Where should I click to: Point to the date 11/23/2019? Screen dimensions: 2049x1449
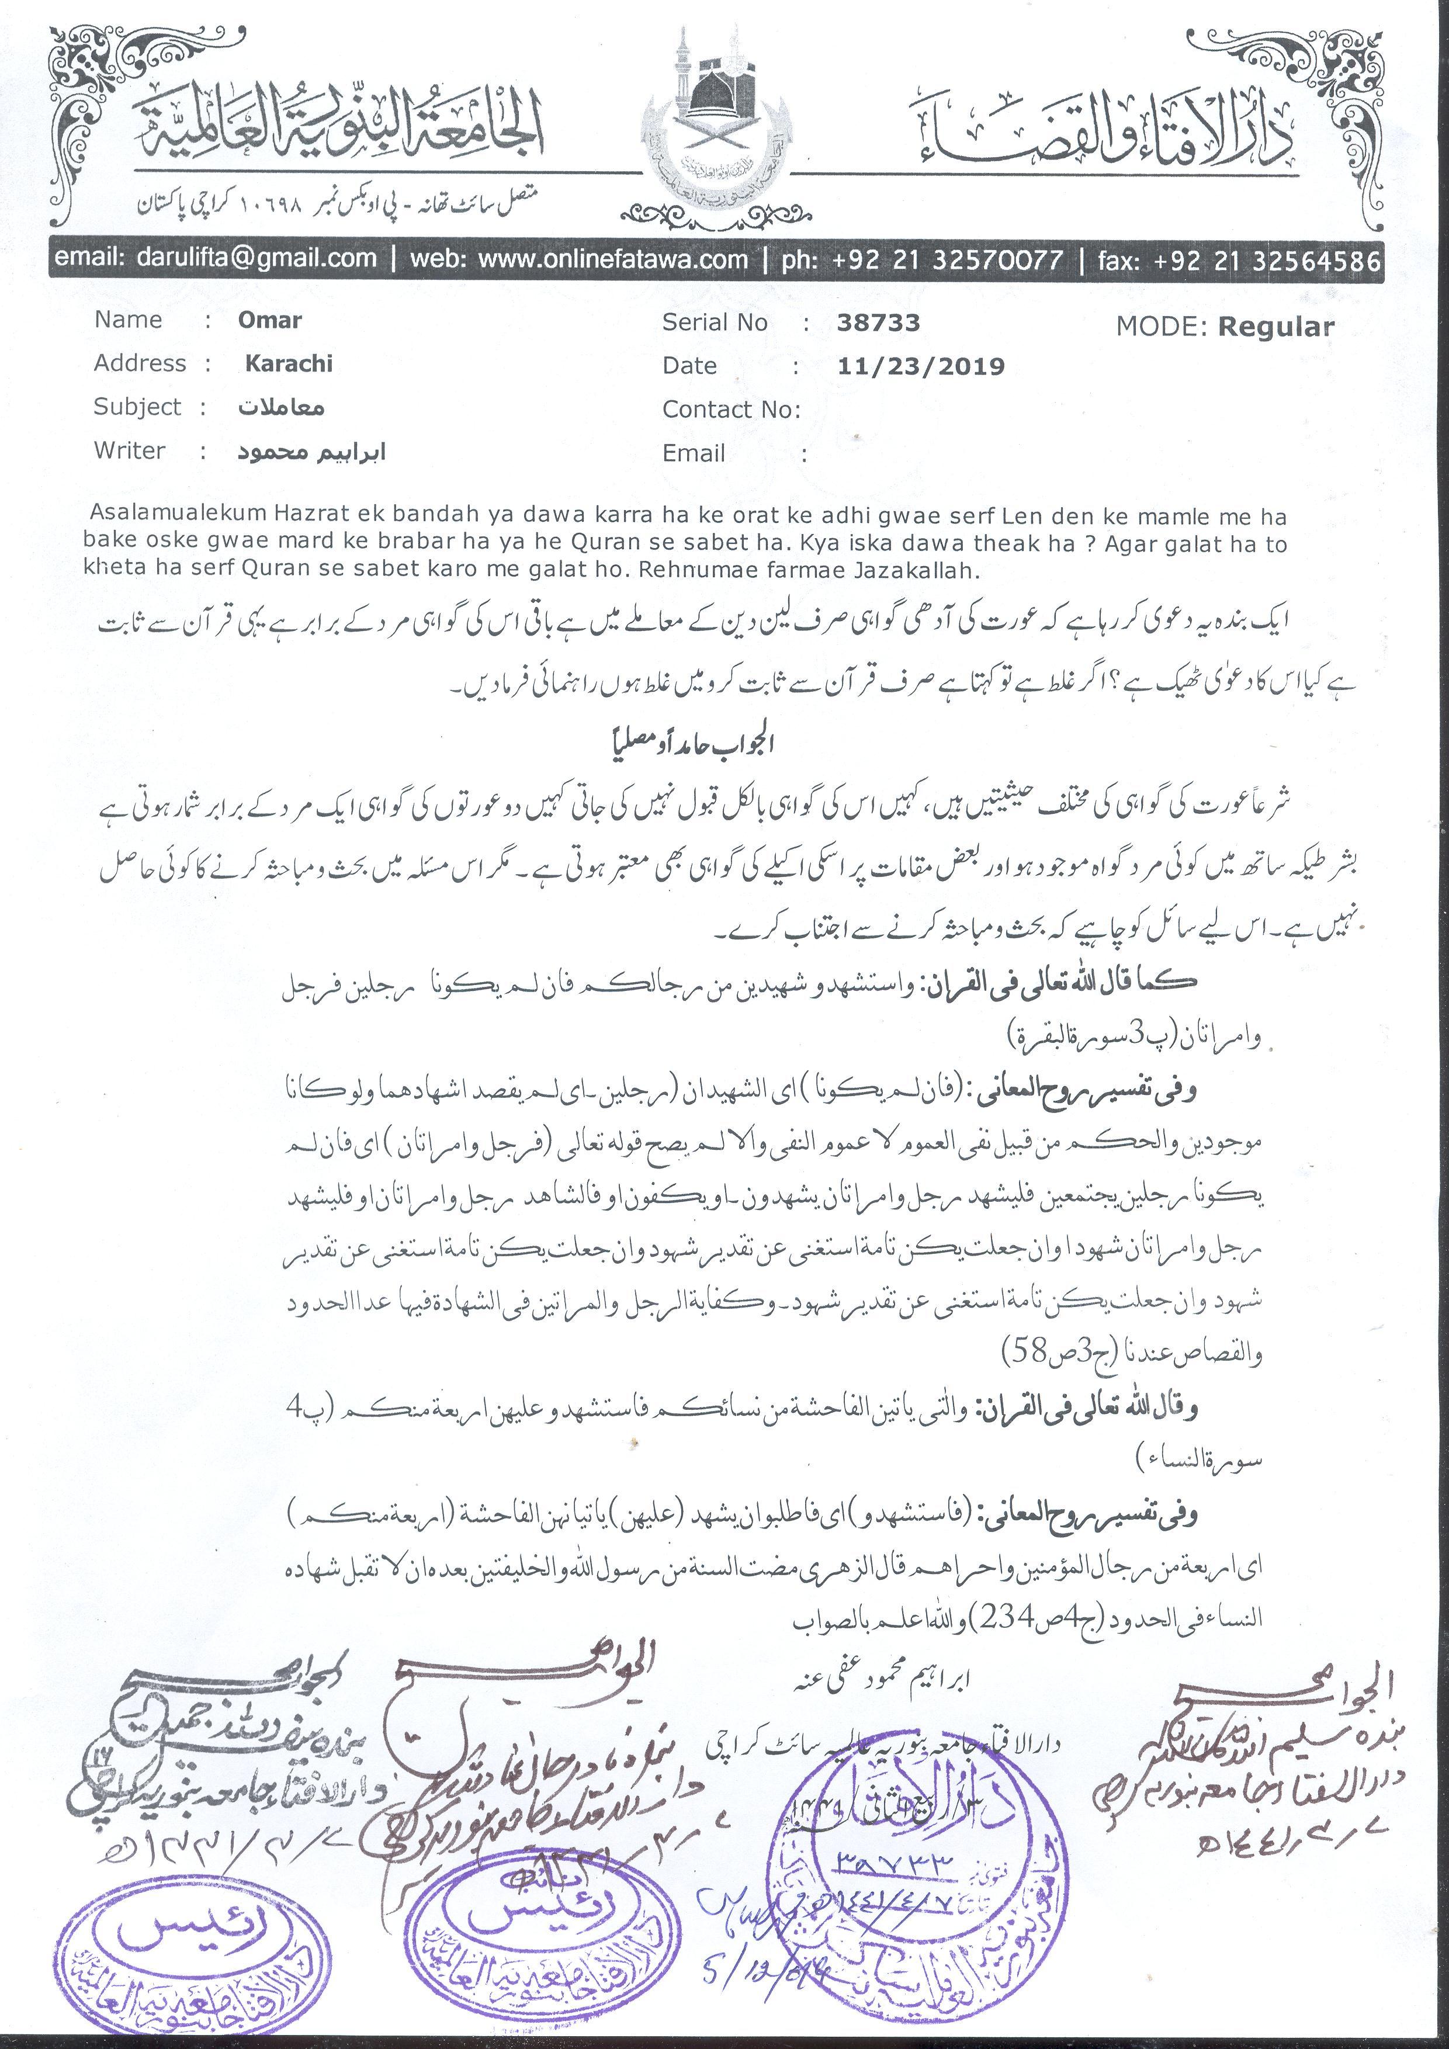pos(921,366)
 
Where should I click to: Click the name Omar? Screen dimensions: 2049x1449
pos(269,320)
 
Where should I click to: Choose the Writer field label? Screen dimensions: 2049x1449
pos(129,450)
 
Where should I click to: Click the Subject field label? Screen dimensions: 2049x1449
pos(137,407)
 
